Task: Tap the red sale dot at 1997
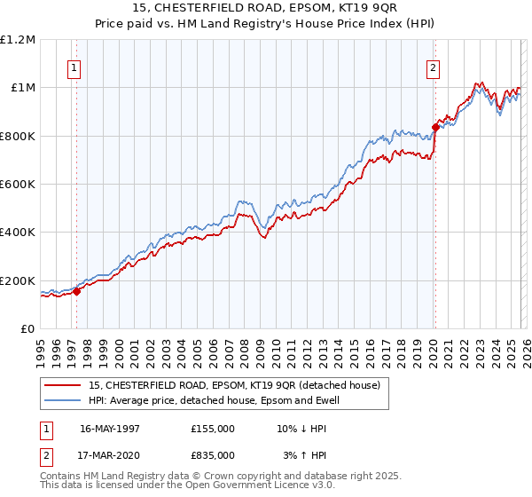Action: tap(77, 290)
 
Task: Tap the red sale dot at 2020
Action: tap(435, 127)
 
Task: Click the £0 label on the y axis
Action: tap(28, 328)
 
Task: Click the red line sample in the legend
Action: tap(62, 385)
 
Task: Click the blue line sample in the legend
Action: tap(62, 400)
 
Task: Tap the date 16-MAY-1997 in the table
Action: tap(110, 428)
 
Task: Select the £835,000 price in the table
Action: tap(213, 454)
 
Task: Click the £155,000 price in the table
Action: tap(213, 428)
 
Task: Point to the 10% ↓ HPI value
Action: tap(301, 428)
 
